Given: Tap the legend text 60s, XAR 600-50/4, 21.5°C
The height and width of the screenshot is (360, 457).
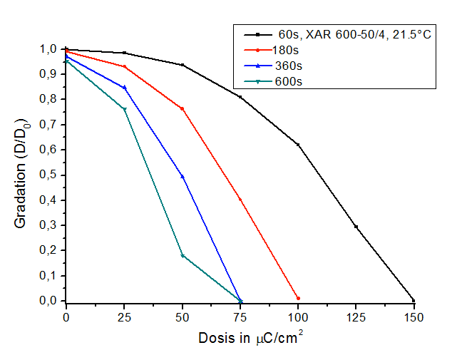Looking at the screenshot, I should [353, 34].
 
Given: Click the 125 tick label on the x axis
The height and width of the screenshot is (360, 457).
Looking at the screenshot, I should [356, 314].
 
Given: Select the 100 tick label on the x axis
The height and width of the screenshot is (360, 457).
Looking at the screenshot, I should [298, 314].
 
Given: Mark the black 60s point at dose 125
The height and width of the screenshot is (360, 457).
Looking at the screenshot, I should [356, 227].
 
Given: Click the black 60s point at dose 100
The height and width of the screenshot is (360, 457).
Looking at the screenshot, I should [298, 145].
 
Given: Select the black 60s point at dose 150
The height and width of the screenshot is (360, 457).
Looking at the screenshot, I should [414, 300].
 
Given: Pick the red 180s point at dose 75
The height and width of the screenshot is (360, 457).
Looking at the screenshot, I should [240, 200].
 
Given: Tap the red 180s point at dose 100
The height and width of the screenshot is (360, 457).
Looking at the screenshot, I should [298, 298].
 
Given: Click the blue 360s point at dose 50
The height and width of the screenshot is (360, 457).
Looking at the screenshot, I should [183, 176].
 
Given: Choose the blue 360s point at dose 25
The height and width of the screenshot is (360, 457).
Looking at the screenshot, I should [124, 88].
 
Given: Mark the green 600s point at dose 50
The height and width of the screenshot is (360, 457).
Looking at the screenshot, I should [183, 255].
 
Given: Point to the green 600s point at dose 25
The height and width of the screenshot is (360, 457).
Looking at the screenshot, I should [124, 109].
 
